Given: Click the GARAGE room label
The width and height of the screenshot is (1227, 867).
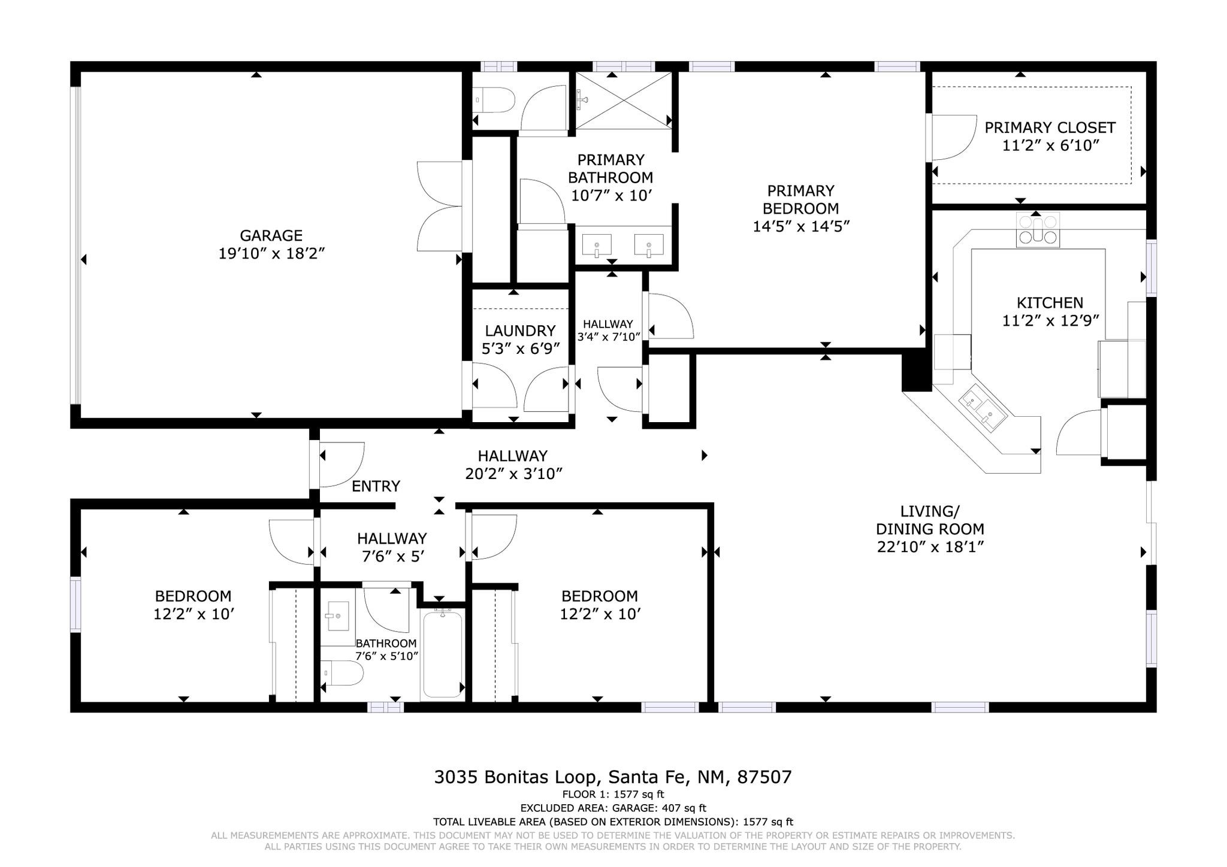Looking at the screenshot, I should tap(271, 235).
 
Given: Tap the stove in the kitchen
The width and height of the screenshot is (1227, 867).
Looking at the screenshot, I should tap(1037, 231).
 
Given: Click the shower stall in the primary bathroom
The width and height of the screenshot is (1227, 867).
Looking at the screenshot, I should tap(623, 100).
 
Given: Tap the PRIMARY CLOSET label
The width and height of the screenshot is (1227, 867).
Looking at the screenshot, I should tap(1050, 128).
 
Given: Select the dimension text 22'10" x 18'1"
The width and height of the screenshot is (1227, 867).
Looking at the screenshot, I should tap(930, 547).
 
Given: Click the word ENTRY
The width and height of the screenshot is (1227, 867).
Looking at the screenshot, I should tap(376, 486).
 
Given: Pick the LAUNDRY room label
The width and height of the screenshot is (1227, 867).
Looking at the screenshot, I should tap(520, 331).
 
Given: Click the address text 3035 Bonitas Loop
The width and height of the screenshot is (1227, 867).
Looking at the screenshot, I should tap(516, 777).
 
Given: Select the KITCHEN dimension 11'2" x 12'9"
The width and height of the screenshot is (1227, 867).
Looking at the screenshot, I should tap(1050, 321).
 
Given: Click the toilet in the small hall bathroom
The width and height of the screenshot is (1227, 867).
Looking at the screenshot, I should tap(343, 673).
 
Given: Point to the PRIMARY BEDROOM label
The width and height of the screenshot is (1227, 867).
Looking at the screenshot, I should tap(800, 199).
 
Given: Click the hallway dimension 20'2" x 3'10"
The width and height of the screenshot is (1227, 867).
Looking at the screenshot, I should tap(513, 474).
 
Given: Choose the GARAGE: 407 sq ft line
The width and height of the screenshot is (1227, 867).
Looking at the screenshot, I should tap(613, 808).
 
